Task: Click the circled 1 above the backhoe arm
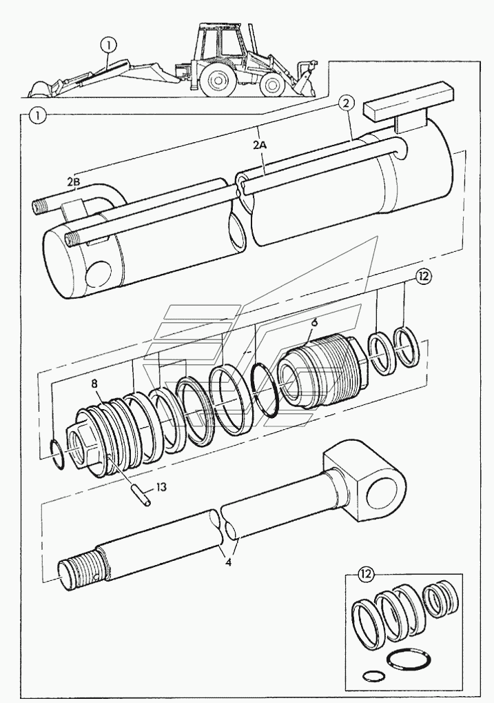[110, 46]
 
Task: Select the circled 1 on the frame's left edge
[38, 116]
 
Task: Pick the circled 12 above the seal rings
[423, 277]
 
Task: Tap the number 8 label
[94, 384]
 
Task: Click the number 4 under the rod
[229, 561]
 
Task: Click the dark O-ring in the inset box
[409, 659]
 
